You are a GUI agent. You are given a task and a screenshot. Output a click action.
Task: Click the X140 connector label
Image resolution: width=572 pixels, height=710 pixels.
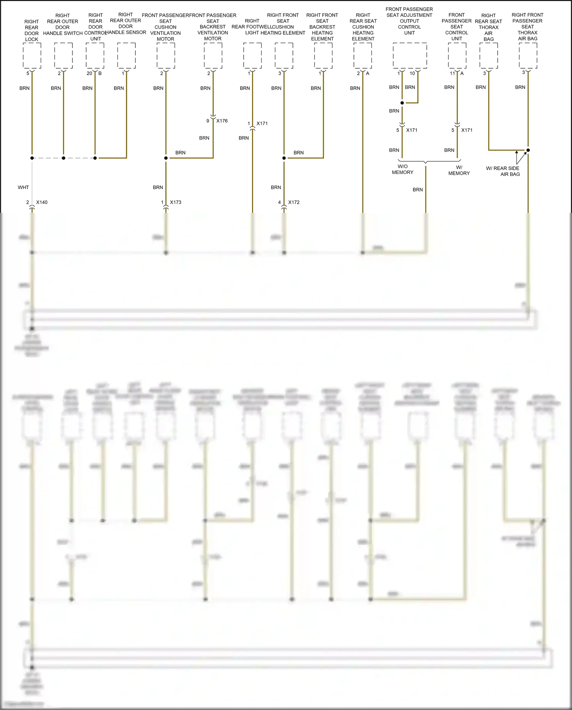pyautogui.click(x=42, y=202)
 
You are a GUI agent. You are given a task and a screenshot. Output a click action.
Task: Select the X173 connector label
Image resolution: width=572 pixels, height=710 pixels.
pyautogui.click(x=175, y=202)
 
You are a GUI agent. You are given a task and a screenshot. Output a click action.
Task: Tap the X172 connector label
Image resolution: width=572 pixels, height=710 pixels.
pyautogui.click(x=294, y=202)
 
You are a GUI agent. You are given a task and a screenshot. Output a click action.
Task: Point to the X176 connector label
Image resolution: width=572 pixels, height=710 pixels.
pyautogui.click(x=222, y=121)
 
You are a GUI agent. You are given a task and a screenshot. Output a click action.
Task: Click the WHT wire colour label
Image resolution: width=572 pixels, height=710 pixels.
pyautogui.click(x=23, y=187)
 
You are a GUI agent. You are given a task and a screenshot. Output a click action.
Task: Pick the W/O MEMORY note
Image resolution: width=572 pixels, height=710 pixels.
pyautogui.click(x=403, y=169)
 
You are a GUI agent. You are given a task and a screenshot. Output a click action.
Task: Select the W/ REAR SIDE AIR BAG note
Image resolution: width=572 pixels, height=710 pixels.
pyautogui.click(x=503, y=171)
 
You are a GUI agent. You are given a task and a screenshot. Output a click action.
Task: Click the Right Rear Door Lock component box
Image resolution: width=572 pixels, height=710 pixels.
pyautogui.click(x=32, y=56)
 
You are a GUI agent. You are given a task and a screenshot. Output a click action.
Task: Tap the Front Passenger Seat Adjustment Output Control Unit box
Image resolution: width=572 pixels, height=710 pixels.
pyautogui.click(x=410, y=56)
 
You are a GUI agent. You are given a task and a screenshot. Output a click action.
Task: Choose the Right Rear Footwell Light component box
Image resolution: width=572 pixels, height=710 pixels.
pyautogui.click(x=252, y=56)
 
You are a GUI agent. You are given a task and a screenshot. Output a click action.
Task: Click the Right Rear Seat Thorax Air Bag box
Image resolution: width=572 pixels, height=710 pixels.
pyautogui.click(x=489, y=56)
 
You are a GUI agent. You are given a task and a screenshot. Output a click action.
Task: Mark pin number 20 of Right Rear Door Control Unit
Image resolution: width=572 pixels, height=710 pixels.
pyautogui.click(x=89, y=73)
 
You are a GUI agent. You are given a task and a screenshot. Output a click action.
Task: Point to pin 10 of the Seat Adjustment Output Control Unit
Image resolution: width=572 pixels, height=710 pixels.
pyautogui.click(x=412, y=73)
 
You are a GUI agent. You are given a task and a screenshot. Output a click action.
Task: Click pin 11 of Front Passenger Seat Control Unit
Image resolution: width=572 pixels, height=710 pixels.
pyautogui.click(x=452, y=73)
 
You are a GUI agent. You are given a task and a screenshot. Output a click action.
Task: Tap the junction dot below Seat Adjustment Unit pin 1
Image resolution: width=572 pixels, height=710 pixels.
pyautogui.click(x=402, y=103)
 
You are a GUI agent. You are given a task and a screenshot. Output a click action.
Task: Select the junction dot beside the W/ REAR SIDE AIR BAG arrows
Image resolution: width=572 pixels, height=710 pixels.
pyautogui.click(x=528, y=150)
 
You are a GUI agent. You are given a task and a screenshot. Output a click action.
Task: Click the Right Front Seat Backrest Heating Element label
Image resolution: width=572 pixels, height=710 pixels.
pyautogui.click(x=322, y=27)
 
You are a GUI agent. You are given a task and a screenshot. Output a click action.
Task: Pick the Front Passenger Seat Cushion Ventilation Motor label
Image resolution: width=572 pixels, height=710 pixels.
pyautogui.click(x=165, y=27)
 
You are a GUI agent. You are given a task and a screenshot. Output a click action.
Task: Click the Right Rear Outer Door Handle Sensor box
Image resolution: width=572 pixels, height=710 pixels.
pyautogui.click(x=127, y=56)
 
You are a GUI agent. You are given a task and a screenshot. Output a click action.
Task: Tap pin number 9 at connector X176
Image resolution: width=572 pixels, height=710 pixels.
pyautogui.click(x=208, y=121)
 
